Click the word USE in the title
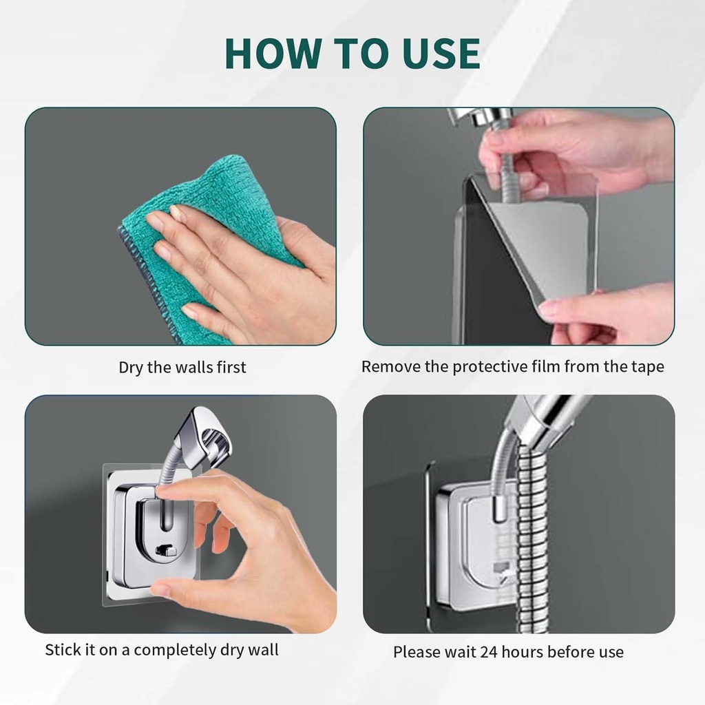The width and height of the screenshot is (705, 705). (434, 53)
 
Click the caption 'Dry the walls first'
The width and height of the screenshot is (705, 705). (182, 367)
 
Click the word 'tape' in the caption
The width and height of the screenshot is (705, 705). (647, 366)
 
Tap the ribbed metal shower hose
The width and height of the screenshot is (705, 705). (533, 537)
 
